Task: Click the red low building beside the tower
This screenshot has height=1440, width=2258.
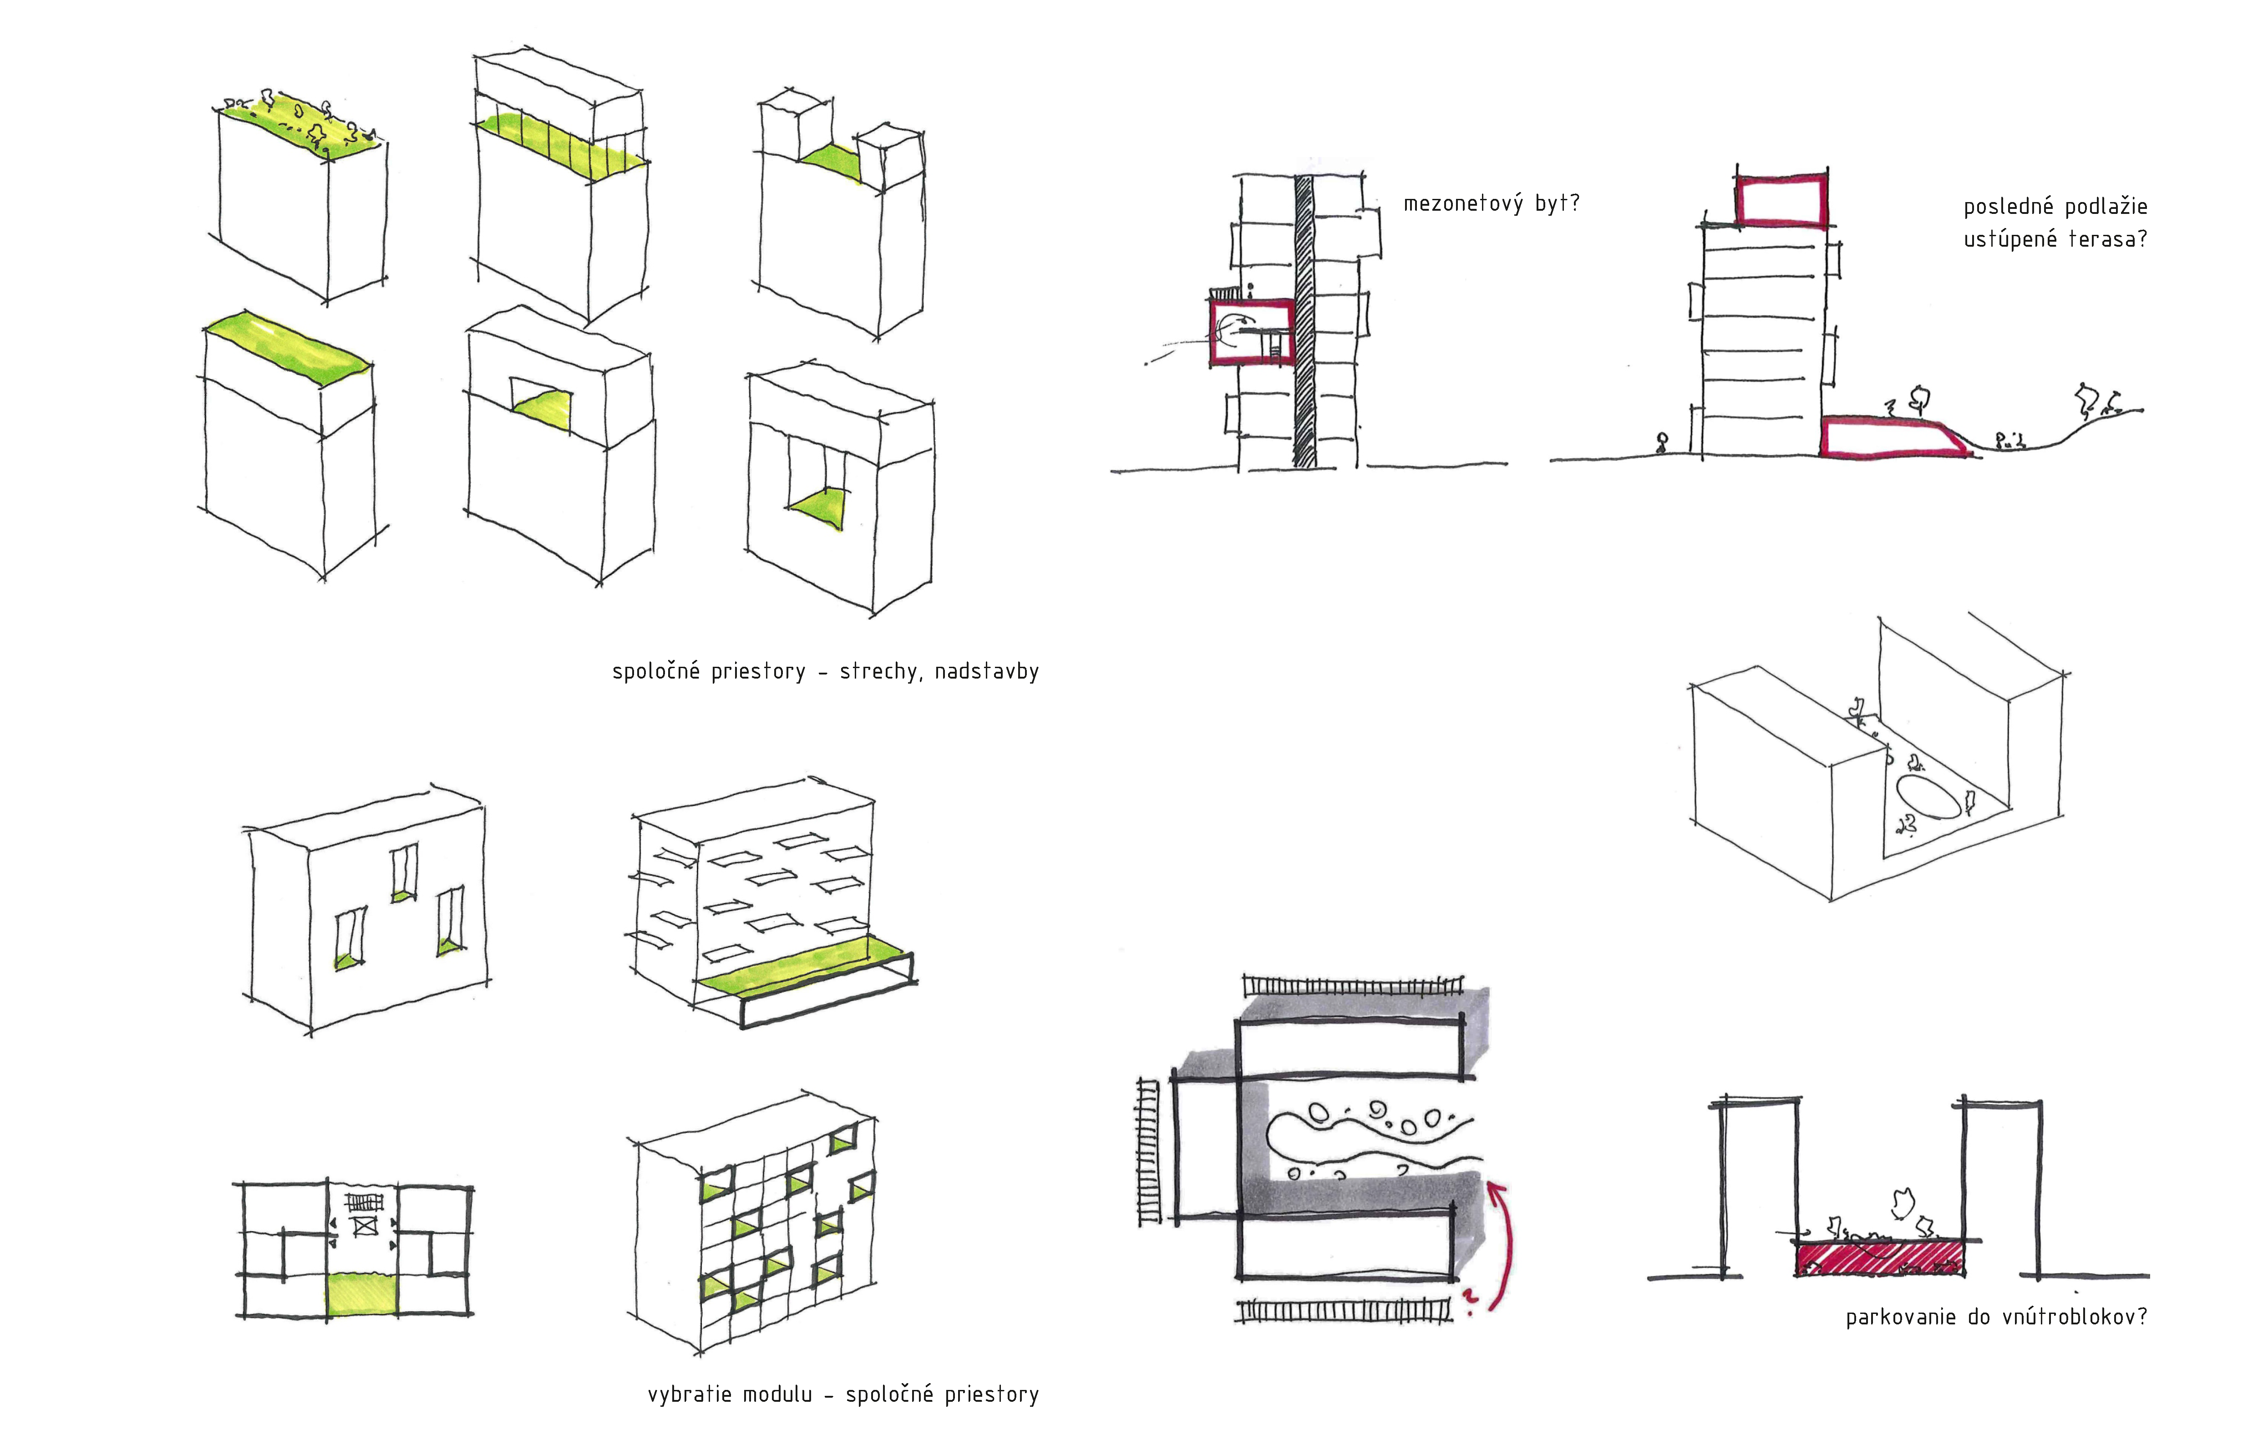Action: click(1894, 437)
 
